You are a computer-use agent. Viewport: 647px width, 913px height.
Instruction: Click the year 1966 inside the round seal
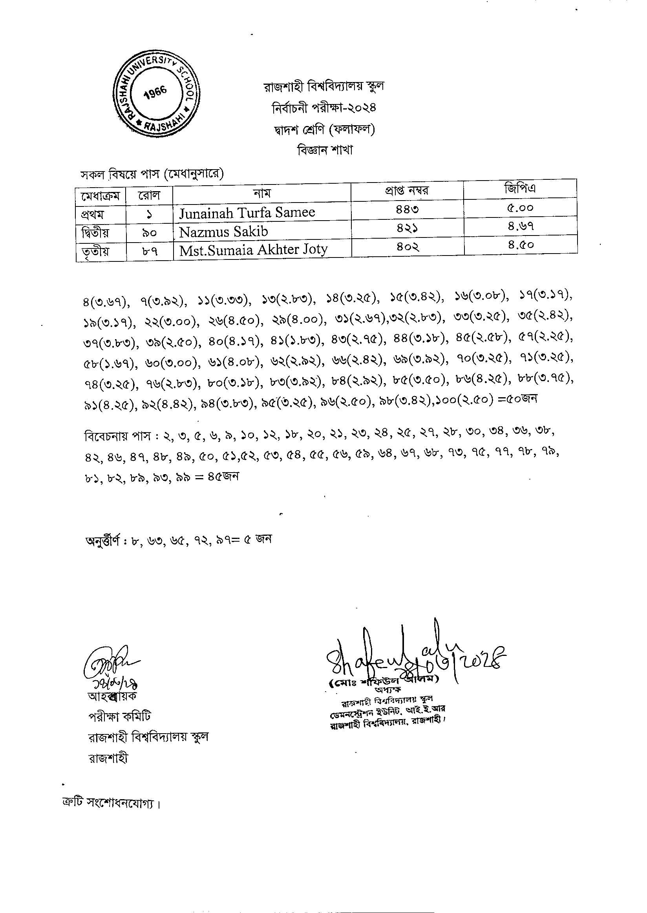click(x=155, y=92)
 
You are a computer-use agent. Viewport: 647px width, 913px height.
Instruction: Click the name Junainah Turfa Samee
click(x=247, y=213)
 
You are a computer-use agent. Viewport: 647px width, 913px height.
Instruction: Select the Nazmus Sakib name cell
click(x=223, y=232)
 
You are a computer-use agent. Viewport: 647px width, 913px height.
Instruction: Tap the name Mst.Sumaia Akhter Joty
click(x=253, y=250)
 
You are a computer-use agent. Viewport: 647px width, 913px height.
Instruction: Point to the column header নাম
click(x=262, y=194)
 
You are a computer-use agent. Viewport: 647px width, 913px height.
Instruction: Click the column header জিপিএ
click(x=520, y=188)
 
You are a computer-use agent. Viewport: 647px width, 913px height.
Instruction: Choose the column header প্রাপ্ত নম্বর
click(x=407, y=191)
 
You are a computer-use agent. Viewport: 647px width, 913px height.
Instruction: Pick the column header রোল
click(x=149, y=195)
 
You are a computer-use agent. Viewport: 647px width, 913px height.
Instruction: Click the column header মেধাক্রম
click(x=101, y=196)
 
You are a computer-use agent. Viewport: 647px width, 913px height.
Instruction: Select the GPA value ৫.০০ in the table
click(x=520, y=208)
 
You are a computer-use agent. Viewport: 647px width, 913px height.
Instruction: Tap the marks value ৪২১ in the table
click(x=407, y=229)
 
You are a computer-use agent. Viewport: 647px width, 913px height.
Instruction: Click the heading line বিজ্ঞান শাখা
click(x=325, y=150)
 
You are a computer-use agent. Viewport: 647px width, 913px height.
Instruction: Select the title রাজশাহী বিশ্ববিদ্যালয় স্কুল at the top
click(x=323, y=86)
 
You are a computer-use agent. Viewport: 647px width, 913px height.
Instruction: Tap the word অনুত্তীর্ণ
click(x=103, y=541)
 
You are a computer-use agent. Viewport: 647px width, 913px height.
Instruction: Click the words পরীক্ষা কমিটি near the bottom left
click(x=119, y=717)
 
